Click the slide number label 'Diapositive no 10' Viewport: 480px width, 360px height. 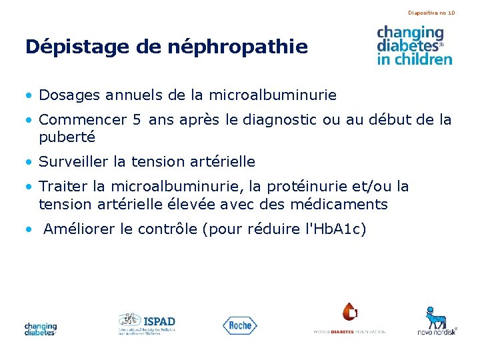(431, 13)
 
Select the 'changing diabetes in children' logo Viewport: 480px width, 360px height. (414, 45)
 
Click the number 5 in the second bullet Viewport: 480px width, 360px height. (137, 120)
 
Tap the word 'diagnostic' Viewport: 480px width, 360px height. (283, 120)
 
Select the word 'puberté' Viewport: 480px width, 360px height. (67, 137)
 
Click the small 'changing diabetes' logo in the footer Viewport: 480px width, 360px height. (41, 328)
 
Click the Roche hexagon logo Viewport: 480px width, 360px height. (239, 325)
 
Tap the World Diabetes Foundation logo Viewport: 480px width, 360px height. (349, 319)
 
